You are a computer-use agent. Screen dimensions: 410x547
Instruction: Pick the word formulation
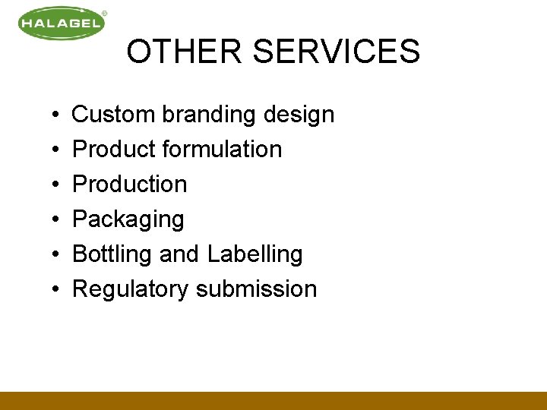(223, 150)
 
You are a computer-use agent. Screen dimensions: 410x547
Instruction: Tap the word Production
(129, 184)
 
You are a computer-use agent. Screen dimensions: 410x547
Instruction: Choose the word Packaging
(128, 220)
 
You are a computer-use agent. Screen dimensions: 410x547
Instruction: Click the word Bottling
(112, 254)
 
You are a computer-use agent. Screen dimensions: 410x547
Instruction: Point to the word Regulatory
(130, 289)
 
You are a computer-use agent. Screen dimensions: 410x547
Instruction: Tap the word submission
(256, 289)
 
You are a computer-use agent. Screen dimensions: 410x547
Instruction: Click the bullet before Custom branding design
(58, 115)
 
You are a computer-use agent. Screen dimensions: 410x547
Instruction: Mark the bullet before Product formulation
(58, 150)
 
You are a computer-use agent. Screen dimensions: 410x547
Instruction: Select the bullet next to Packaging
(58, 220)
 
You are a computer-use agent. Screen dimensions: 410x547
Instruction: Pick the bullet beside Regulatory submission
(58, 290)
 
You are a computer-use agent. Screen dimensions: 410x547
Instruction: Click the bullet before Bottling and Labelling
(58, 255)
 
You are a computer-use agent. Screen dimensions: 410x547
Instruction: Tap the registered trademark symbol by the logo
(104, 13)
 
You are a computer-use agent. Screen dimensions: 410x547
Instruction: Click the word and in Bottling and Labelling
(179, 254)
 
